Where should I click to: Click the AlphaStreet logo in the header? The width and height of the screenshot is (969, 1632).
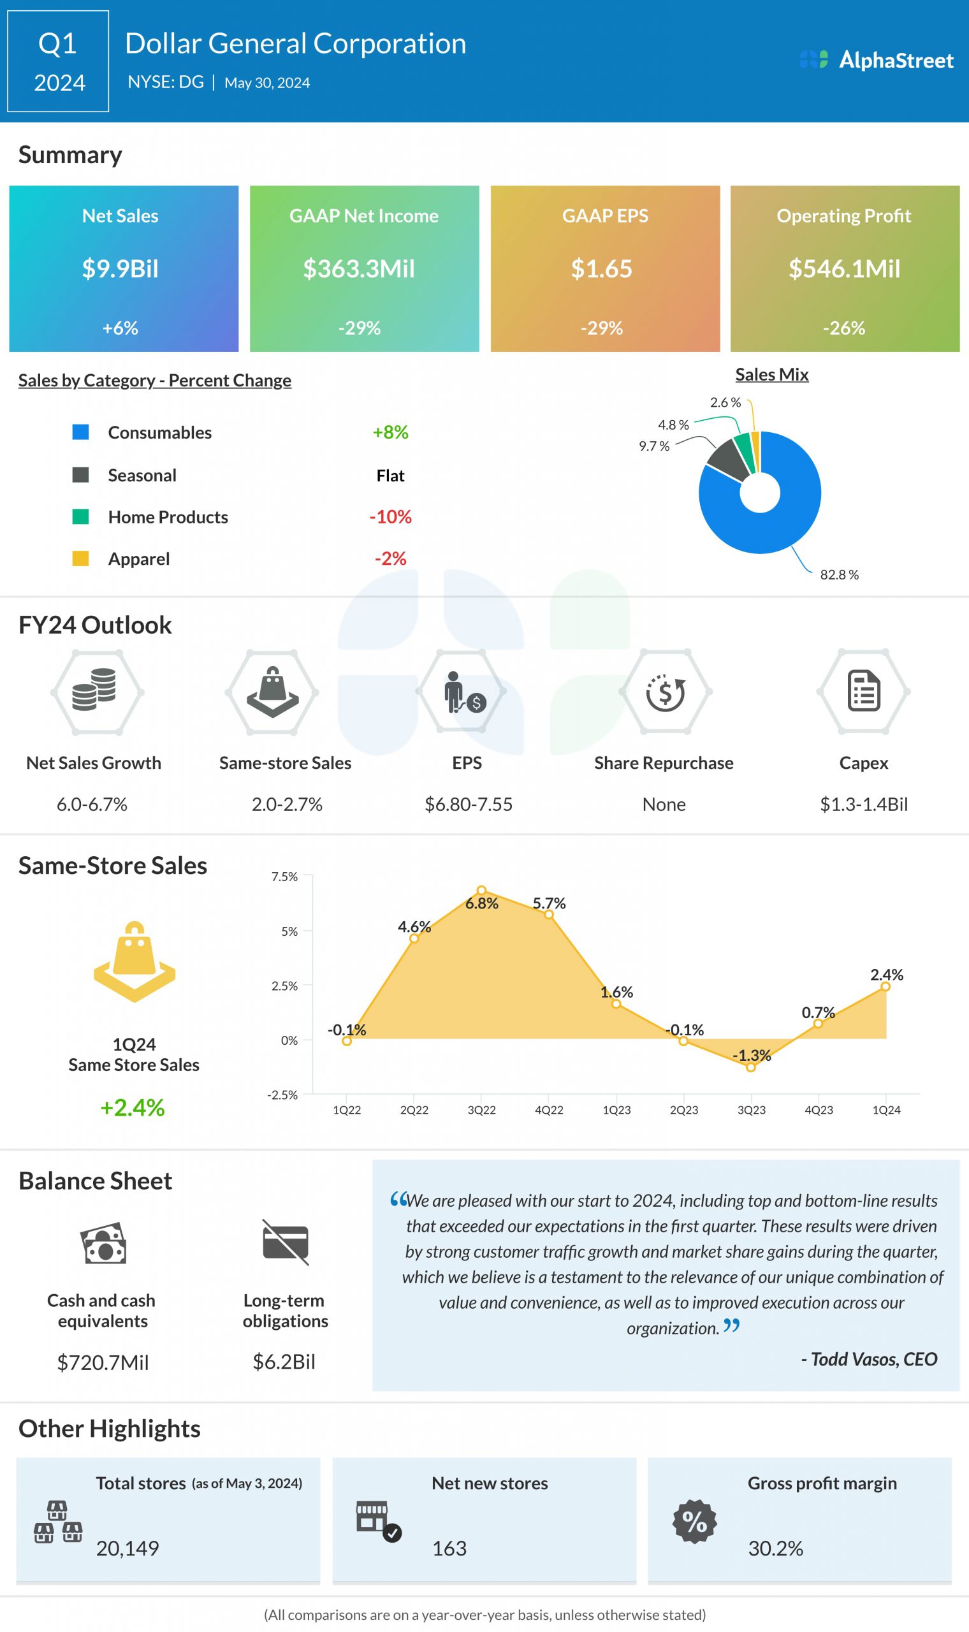(877, 60)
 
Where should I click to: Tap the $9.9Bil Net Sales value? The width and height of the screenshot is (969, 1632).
(120, 269)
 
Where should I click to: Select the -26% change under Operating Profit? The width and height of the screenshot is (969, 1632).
(843, 328)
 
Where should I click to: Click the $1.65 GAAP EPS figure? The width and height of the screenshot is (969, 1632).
(601, 269)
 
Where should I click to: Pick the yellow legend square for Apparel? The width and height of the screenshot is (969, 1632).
(80, 558)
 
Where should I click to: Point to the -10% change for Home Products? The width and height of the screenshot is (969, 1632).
(391, 517)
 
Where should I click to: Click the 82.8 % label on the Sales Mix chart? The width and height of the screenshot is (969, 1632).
(839, 574)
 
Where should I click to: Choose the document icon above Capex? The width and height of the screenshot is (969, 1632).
(863, 690)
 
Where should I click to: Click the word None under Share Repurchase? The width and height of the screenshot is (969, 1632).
(664, 805)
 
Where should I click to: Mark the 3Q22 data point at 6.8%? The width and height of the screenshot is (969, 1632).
(481, 891)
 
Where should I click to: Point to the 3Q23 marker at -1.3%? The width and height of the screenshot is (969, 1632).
(751, 1067)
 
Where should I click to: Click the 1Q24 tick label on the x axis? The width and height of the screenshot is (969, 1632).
(886, 1110)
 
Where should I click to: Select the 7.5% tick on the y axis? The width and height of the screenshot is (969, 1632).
(284, 877)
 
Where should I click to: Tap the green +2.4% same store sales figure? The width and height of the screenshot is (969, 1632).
(132, 1108)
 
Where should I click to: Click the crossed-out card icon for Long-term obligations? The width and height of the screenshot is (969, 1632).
(286, 1242)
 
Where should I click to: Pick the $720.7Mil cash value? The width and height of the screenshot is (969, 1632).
(103, 1362)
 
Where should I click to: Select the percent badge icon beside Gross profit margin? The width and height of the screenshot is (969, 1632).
(694, 1522)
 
